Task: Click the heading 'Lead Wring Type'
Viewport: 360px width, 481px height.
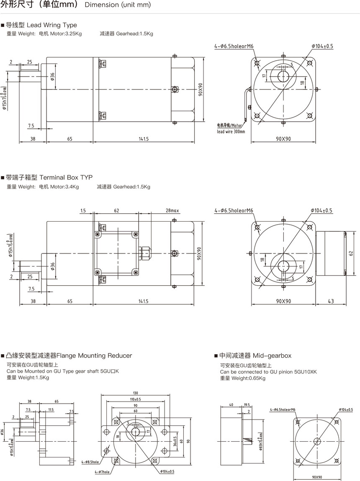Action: coord(52,25)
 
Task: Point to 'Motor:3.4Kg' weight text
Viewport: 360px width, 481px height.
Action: coord(64,187)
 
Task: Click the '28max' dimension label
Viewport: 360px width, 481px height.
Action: coord(172,211)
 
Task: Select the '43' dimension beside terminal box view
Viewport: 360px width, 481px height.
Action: coord(331,301)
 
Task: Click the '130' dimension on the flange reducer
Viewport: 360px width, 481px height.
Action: coord(135,393)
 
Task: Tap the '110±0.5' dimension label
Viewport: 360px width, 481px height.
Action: coord(135,399)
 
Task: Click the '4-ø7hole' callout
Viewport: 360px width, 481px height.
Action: coord(102,472)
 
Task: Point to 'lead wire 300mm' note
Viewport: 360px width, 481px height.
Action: coord(231,131)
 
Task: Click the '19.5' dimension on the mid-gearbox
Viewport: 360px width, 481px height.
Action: coord(246,405)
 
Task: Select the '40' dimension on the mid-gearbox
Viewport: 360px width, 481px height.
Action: coord(231,405)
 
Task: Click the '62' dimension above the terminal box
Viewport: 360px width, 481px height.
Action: coord(116,211)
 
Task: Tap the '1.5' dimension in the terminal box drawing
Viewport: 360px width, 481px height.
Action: coord(83,211)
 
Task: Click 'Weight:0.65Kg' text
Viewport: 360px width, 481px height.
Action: coord(243,378)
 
